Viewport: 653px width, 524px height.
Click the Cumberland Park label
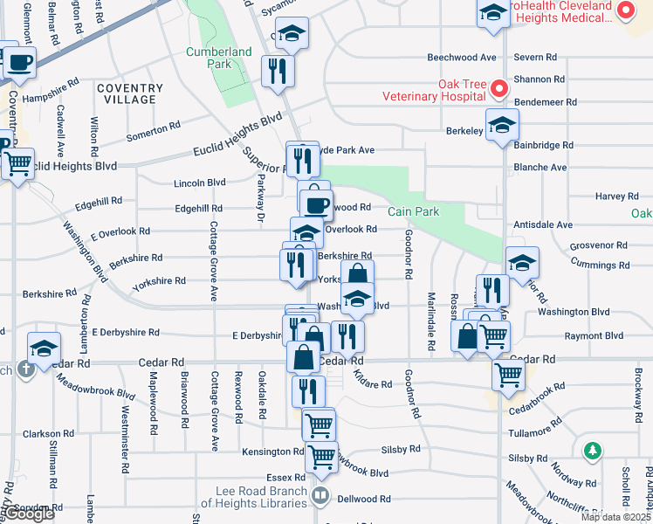coord(208,58)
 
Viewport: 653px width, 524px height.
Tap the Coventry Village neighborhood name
coord(130,93)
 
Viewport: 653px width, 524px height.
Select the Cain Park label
coord(413,211)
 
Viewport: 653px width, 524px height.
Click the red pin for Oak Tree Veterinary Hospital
coord(498,88)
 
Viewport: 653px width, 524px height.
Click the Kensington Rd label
coord(274,452)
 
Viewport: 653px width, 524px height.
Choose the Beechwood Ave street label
coord(461,58)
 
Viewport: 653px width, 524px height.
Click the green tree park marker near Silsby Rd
coord(593,451)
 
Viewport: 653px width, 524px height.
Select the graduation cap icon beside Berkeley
coord(502,125)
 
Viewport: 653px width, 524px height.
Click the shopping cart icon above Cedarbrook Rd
coord(508,375)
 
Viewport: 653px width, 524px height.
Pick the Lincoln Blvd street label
coord(200,183)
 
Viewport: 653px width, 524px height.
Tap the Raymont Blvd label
coord(594,335)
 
